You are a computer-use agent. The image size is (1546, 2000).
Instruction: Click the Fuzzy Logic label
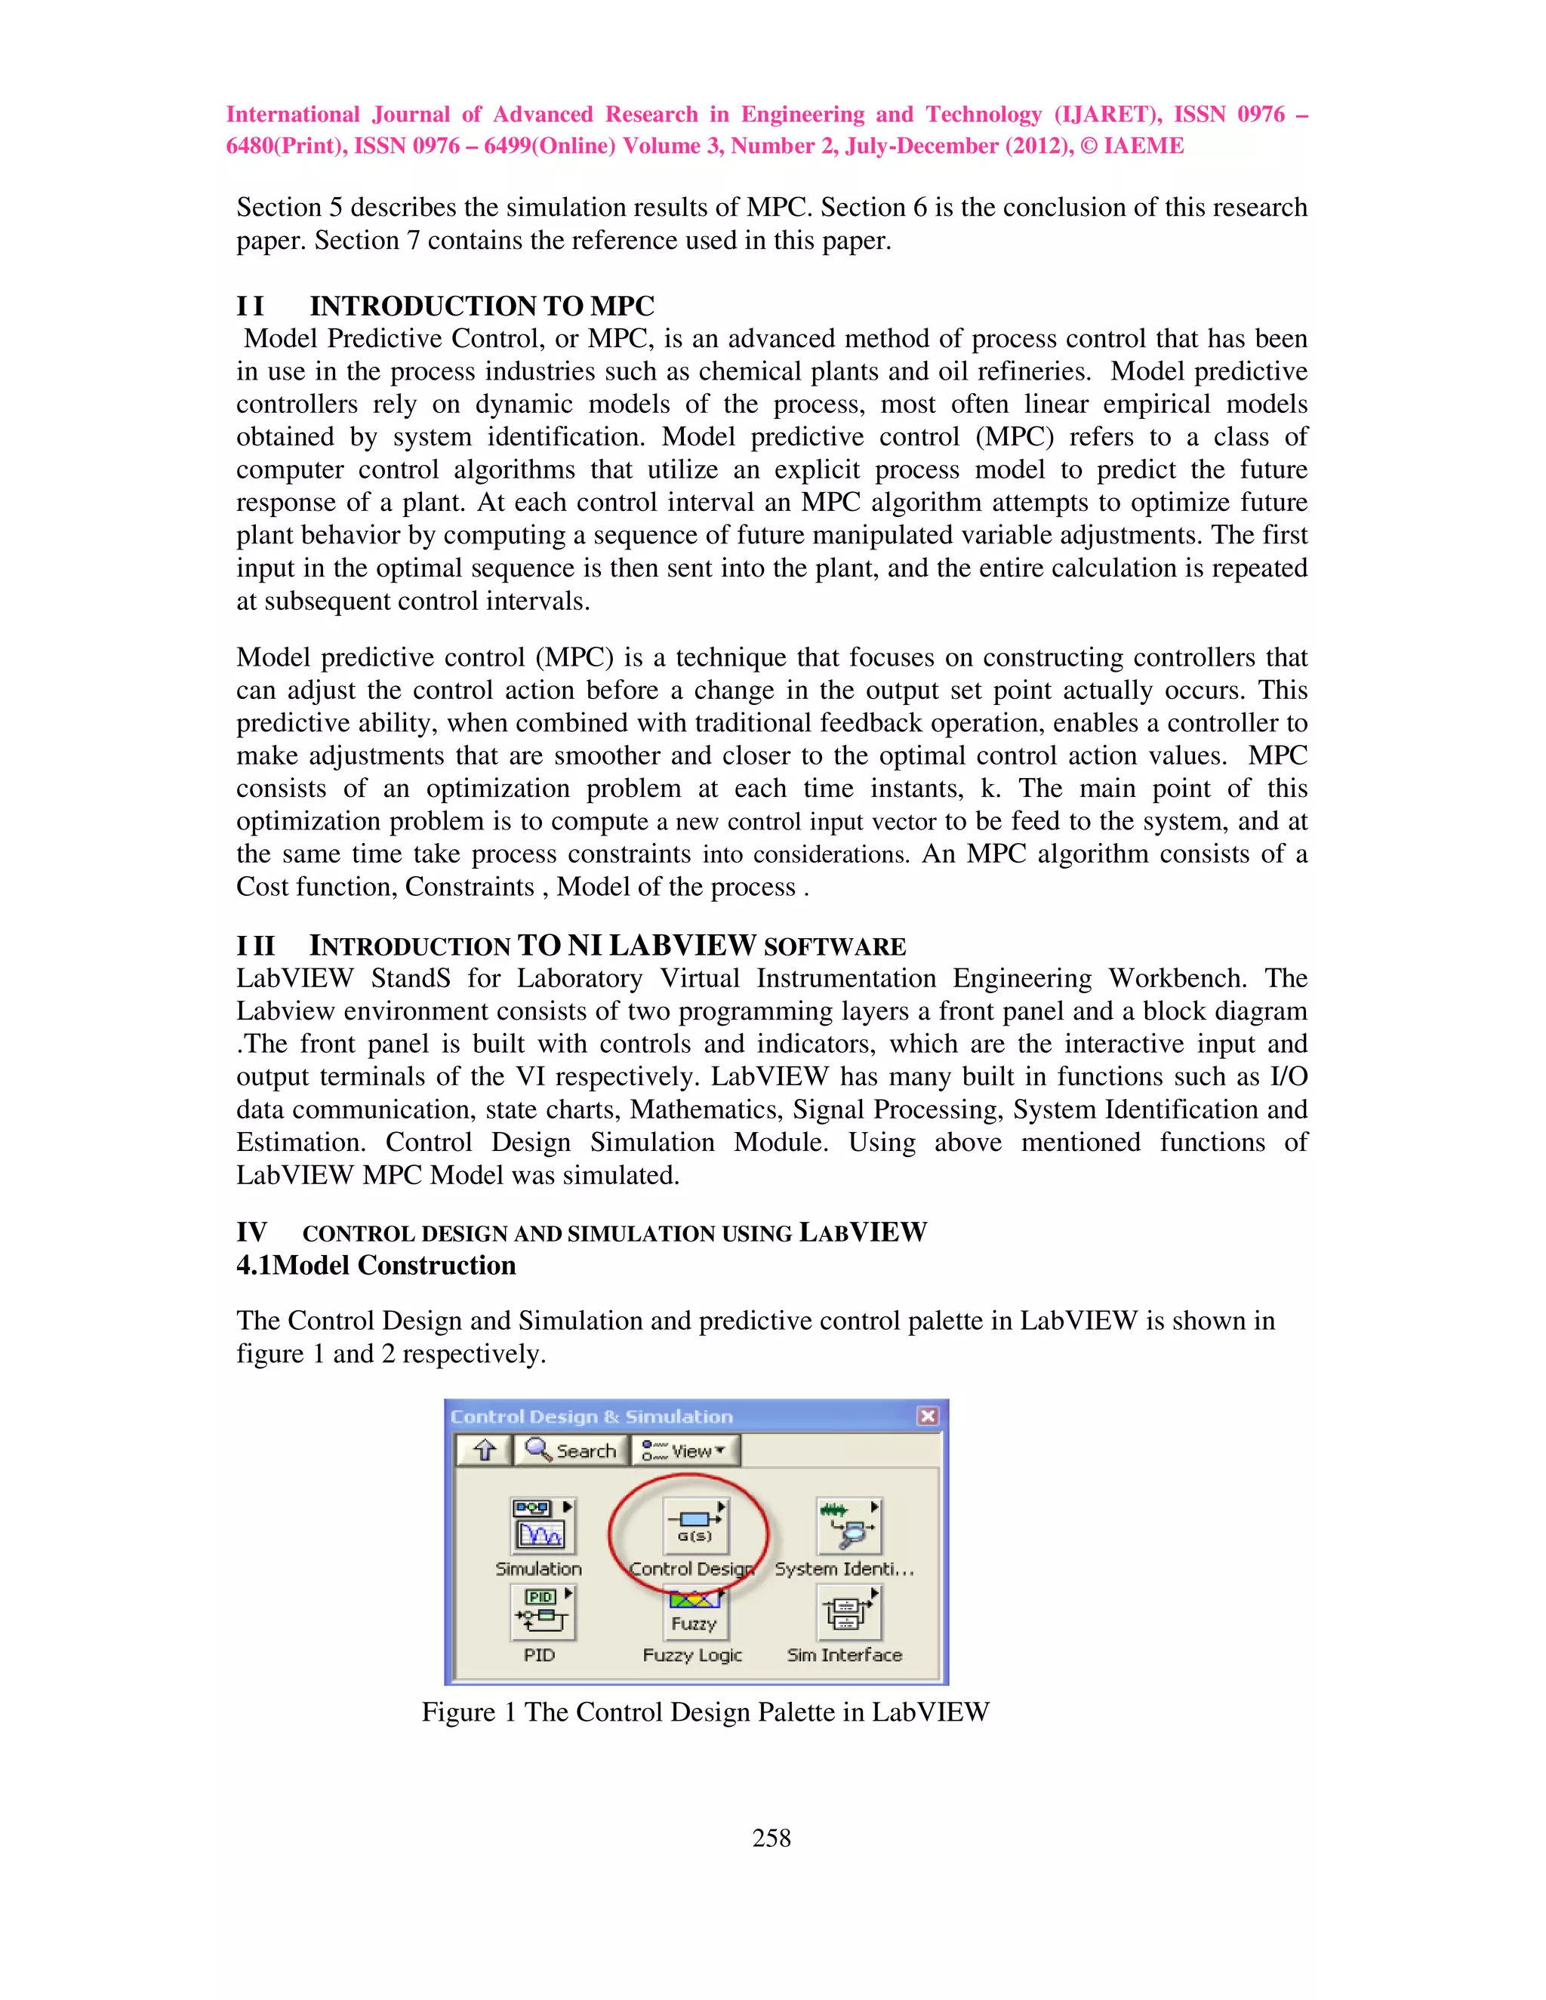(x=691, y=1655)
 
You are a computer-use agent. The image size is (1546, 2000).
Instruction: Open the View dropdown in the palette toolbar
(x=685, y=1451)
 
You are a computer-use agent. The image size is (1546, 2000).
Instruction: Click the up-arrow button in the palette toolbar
(x=485, y=1451)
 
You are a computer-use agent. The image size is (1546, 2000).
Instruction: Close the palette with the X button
(x=927, y=1416)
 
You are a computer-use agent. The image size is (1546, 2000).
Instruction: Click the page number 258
(x=771, y=1838)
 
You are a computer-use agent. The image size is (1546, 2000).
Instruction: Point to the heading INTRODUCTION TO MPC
(x=482, y=306)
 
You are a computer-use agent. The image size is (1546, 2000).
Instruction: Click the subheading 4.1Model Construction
(x=377, y=1266)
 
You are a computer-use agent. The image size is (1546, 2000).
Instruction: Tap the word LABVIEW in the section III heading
(x=682, y=946)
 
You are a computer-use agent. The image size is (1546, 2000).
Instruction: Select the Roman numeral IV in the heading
(x=252, y=1232)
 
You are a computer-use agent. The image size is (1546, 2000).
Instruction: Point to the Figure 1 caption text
(x=705, y=1712)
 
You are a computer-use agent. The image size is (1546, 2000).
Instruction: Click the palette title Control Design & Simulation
(x=592, y=1416)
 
